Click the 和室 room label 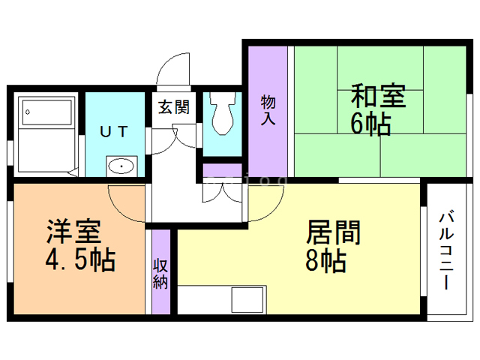point(378,98)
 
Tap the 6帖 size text point(370,124)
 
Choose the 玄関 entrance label point(173,106)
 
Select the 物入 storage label point(268,110)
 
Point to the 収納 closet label point(160,273)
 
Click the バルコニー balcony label point(445,251)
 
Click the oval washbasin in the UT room point(120,165)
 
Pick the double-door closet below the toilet point(222,192)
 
